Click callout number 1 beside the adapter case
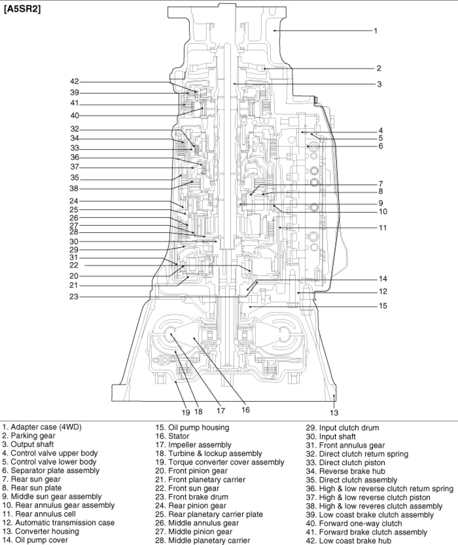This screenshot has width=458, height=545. pyautogui.click(x=376, y=31)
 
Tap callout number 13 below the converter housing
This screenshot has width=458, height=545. pyautogui.click(x=334, y=412)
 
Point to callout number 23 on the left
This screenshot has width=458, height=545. pyautogui.click(x=74, y=297)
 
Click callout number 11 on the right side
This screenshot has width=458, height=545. pyautogui.click(x=383, y=228)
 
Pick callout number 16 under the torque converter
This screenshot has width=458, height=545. pyautogui.click(x=246, y=410)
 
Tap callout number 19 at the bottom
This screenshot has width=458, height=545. pyautogui.click(x=186, y=411)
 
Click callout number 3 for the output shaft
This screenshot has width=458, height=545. pyautogui.click(x=379, y=84)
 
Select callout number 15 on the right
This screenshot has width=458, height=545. pyautogui.click(x=383, y=306)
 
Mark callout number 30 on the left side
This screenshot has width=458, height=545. pyautogui.click(x=74, y=241)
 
